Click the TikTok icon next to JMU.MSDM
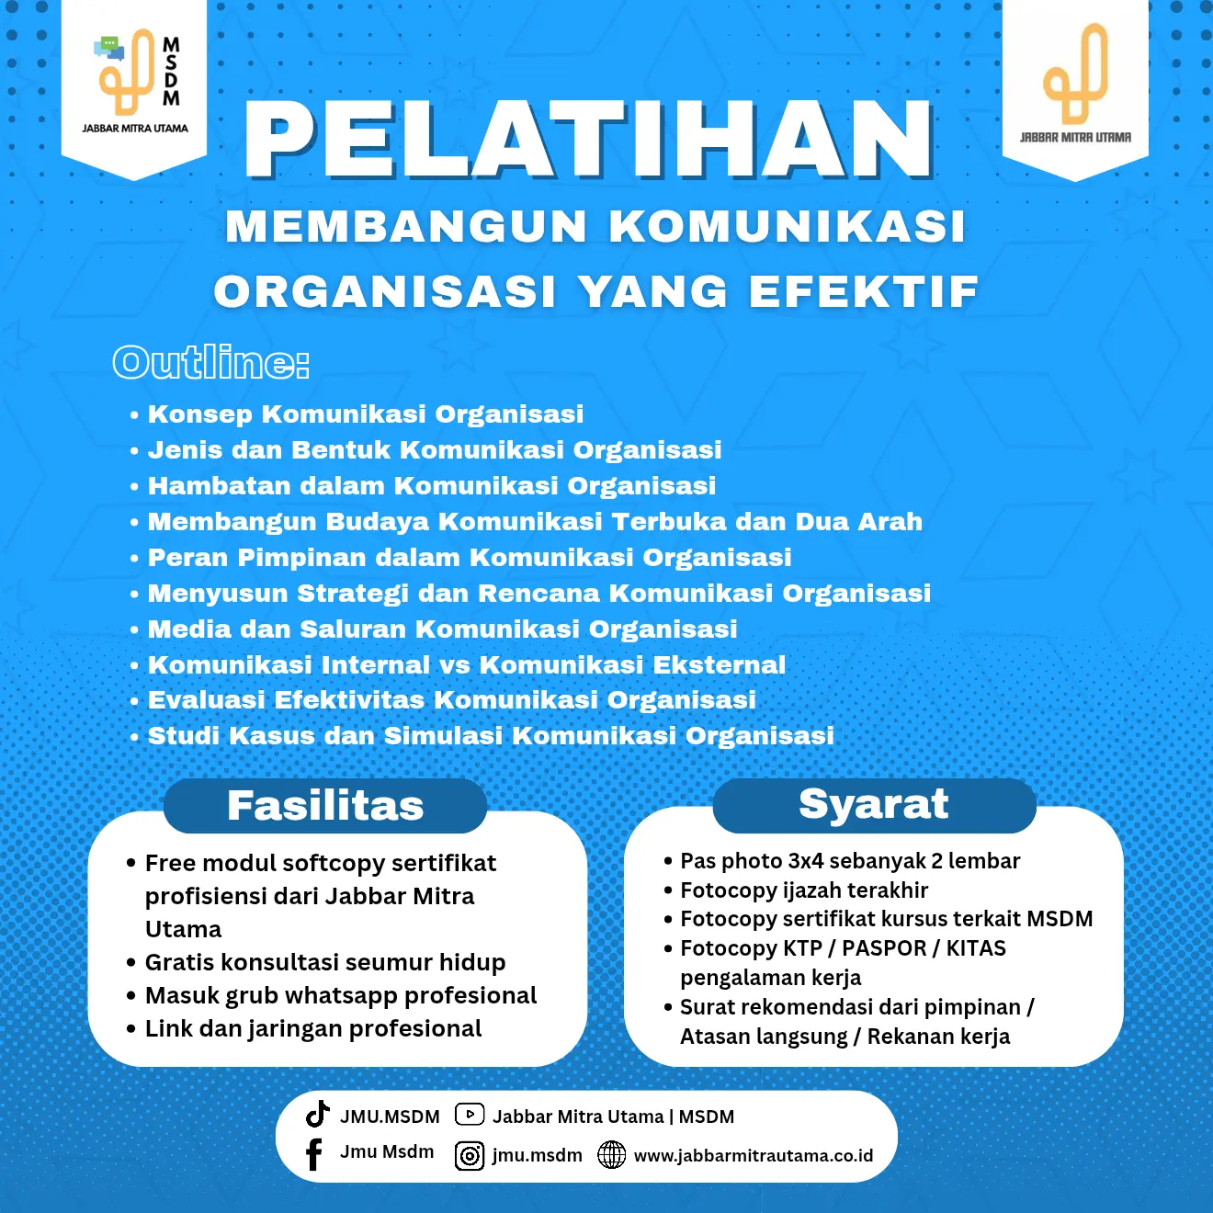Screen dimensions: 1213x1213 [318, 1114]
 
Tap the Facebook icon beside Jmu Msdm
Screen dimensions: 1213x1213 [313, 1154]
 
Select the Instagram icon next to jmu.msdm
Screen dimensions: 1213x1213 [470, 1155]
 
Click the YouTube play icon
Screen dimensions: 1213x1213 [470, 1115]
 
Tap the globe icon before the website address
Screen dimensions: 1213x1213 [611, 1154]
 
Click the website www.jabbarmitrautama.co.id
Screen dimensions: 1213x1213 [754, 1155]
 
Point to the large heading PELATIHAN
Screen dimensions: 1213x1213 [589, 140]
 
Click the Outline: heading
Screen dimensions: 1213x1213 [210, 363]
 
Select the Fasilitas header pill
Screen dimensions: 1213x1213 [325, 806]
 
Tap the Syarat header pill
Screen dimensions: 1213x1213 [873, 804]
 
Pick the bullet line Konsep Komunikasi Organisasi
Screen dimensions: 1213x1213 [366, 414]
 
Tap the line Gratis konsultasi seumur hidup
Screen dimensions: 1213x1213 [325, 962]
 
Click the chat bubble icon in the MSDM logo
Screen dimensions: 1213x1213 [109, 47]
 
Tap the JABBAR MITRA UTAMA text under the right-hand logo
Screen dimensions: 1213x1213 [1075, 138]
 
